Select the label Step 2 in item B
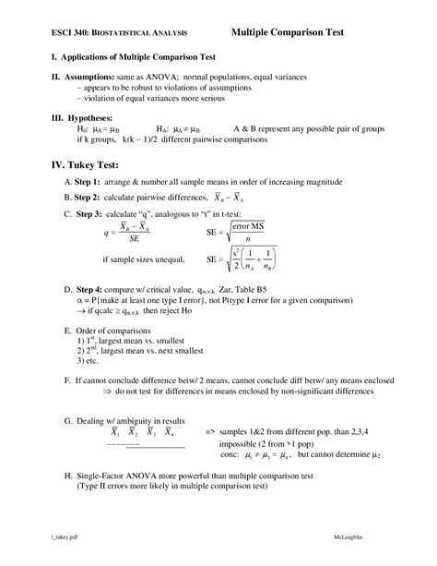point(93,198)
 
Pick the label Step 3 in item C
point(93,214)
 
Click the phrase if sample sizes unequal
point(143,259)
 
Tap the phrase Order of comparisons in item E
point(112,330)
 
